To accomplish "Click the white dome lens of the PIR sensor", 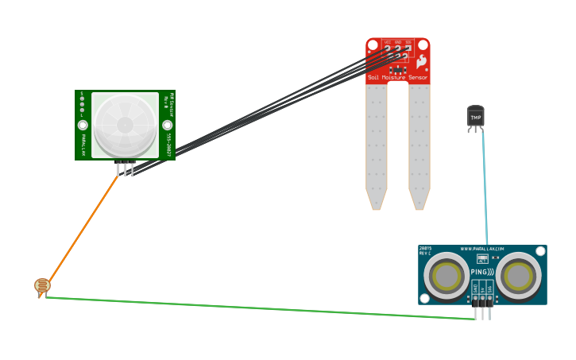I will [x=125, y=125].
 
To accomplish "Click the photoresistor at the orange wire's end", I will [x=42, y=285].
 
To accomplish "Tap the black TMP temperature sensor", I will [x=475, y=117].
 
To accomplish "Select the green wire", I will [x=262, y=308].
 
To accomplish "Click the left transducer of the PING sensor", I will [x=446, y=277].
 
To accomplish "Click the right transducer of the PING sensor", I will [x=519, y=277].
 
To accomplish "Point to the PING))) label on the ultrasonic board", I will [x=481, y=272].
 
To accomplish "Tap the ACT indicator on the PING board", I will [x=482, y=258].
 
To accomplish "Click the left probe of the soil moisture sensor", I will [x=376, y=143].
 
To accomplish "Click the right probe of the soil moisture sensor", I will [x=419, y=143].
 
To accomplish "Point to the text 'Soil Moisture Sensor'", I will [x=397, y=78].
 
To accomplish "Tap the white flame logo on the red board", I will [x=421, y=60].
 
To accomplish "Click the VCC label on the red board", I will [x=388, y=41].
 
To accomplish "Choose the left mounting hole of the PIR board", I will [x=83, y=125].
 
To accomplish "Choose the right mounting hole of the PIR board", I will [x=167, y=125].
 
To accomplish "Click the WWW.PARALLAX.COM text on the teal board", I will [x=482, y=249].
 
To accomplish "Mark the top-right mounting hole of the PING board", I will [x=540, y=251].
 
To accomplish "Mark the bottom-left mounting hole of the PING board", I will [x=424, y=298].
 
